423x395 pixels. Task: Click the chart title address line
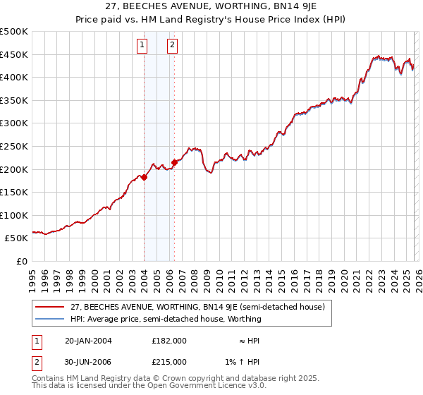[x=211, y=7]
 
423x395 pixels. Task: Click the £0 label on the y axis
[x=22, y=261]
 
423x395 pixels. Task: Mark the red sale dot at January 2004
[x=144, y=178]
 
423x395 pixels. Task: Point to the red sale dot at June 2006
[x=174, y=162]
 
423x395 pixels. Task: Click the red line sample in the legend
[x=49, y=307]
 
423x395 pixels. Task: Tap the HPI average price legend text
[x=166, y=319]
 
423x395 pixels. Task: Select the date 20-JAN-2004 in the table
[x=89, y=340]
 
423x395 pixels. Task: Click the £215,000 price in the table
[x=169, y=361]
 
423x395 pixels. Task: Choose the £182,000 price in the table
[x=169, y=340]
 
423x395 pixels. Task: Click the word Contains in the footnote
[x=49, y=379]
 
